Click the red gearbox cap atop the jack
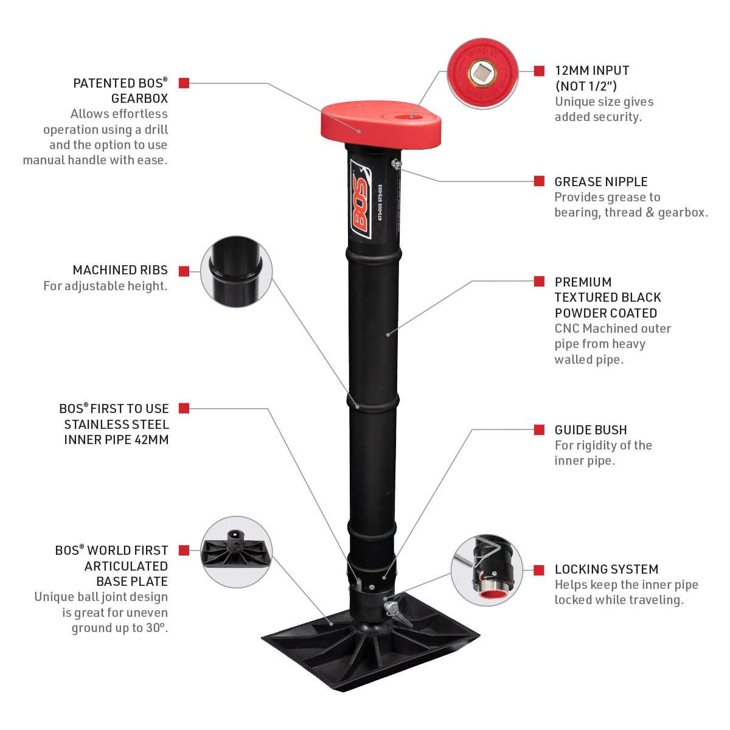click(381, 124)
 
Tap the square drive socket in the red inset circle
click(482, 73)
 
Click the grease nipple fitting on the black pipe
click(396, 164)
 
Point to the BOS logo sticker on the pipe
click(360, 198)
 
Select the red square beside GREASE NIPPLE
click(539, 181)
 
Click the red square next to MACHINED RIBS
click(184, 271)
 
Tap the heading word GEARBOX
click(139, 99)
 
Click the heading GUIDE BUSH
click(591, 430)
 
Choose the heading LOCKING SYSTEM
click(607, 569)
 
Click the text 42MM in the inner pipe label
click(153, 440)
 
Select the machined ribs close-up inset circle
click(236, 271)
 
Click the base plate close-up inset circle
click(236, 552)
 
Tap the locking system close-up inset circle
click(487, 570)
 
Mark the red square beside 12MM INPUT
click(539, 71)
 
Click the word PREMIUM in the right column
click(583, 282)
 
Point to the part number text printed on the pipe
click(380, 203)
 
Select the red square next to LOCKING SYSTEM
click(539, 570)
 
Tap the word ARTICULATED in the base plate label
click(126, 566)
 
